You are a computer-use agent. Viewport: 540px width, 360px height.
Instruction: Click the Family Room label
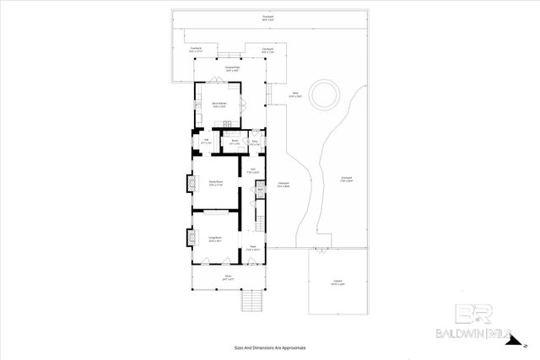(215, 183)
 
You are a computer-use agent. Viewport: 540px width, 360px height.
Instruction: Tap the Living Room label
(215, 239)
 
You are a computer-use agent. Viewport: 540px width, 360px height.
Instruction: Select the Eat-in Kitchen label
(219, 105)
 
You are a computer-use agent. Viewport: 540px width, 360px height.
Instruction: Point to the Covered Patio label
(234, 70)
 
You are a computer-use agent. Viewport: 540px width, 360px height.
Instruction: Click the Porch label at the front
(228, 277)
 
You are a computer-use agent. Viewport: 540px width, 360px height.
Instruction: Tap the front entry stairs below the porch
(251, 298)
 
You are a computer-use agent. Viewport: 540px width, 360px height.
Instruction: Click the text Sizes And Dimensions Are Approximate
(270, 347)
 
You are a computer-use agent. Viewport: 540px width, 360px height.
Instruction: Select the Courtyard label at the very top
(267, 18)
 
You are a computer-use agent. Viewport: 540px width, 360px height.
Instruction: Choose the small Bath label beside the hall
(260, 191)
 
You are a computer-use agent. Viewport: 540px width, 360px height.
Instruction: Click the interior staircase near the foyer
(260, 223)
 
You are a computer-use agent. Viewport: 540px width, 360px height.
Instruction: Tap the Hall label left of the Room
(207, 142)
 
